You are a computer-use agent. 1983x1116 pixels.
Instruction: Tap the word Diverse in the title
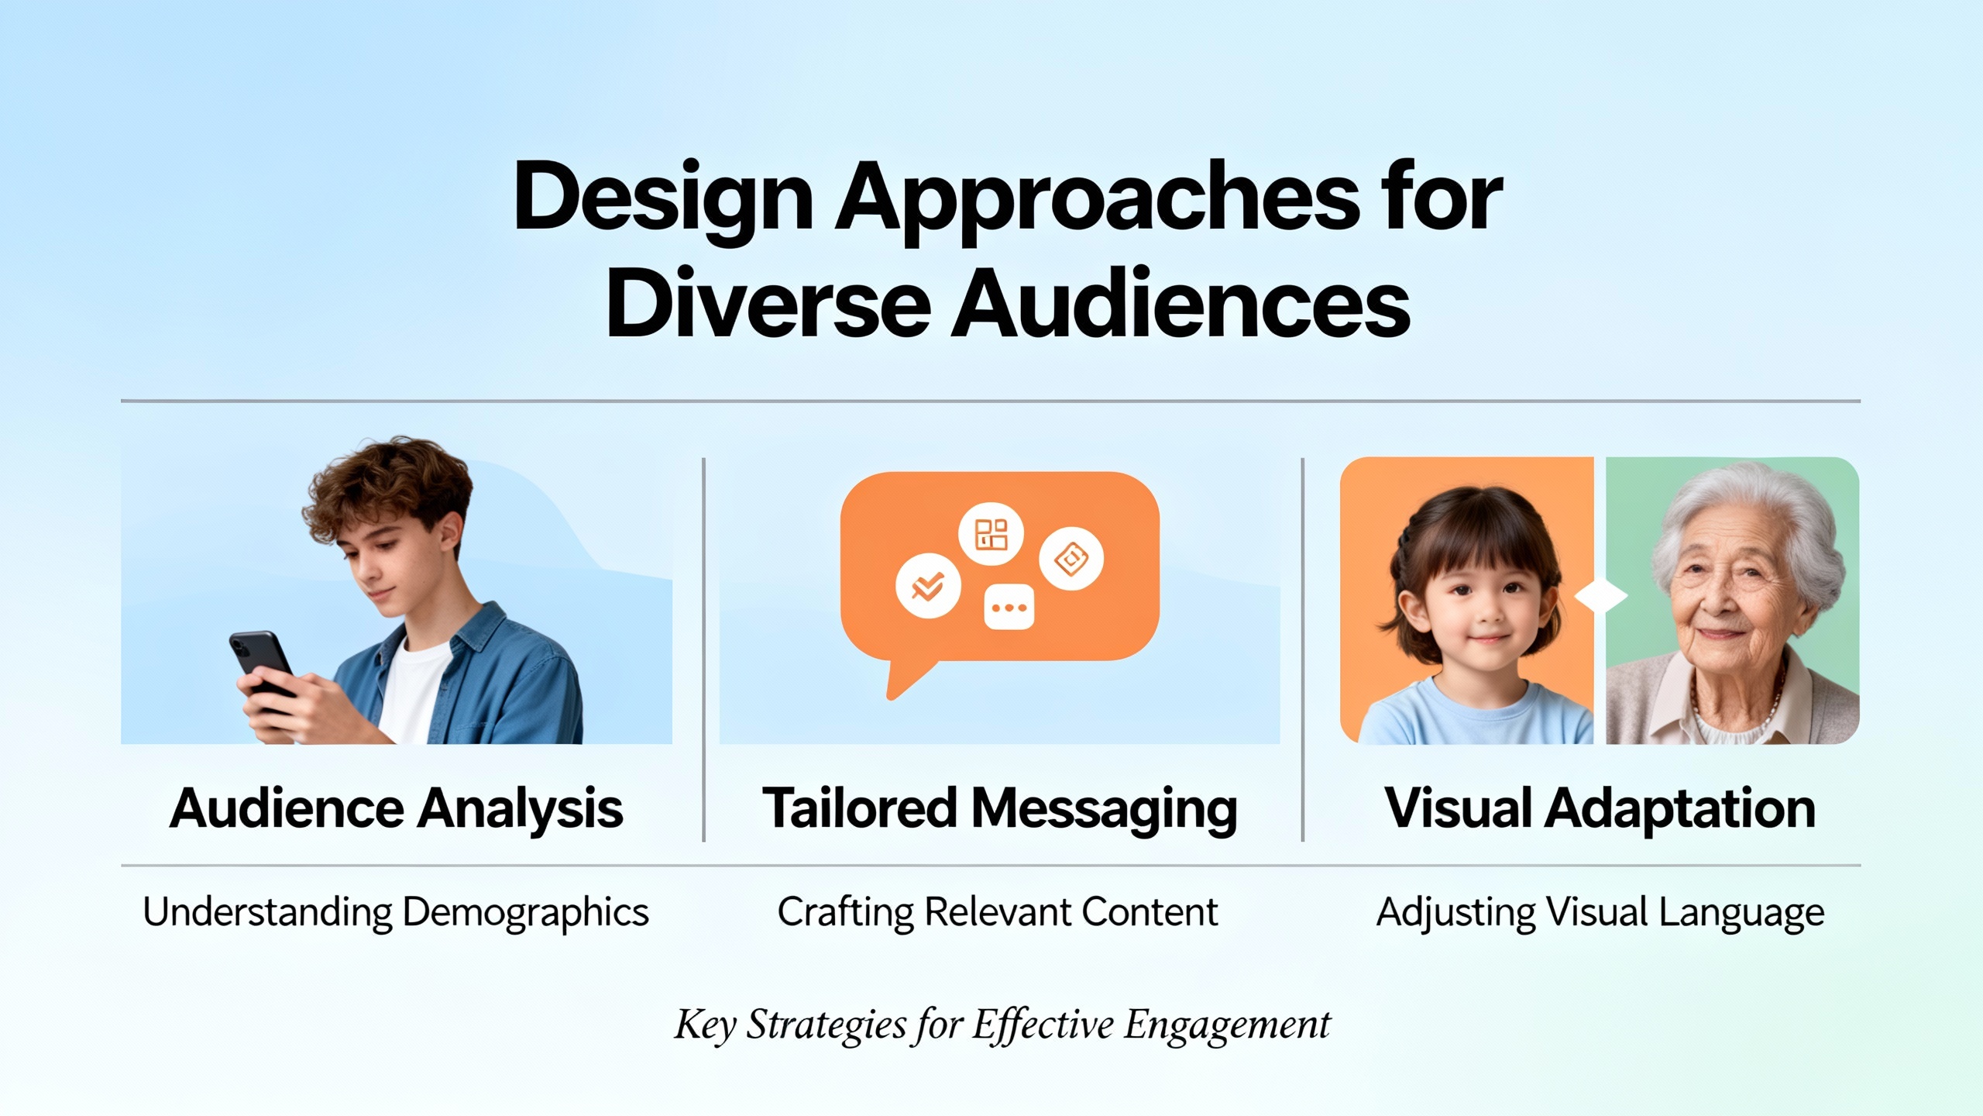(768, 304)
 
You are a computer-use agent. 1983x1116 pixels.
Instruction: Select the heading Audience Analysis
(396, 809)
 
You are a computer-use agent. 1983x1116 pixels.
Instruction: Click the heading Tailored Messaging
(1000, 809)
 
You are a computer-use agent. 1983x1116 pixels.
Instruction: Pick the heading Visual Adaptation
(1600, 809)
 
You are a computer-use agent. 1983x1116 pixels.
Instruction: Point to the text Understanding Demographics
(396, 912)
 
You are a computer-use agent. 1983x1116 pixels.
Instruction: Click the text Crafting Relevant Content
(998, 912)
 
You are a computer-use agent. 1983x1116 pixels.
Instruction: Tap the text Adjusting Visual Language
(1600, 912)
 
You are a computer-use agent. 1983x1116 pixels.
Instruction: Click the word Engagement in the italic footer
(1228, 1026)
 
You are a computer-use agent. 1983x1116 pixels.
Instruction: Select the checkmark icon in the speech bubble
(928, 586)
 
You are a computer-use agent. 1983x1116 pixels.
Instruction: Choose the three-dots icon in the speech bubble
(1009, 608)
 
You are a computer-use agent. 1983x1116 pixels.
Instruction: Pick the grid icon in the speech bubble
(991, 534)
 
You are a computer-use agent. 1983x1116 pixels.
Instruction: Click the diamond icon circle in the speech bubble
(1071, 558)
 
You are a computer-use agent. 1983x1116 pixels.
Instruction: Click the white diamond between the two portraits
(1601, 598)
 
